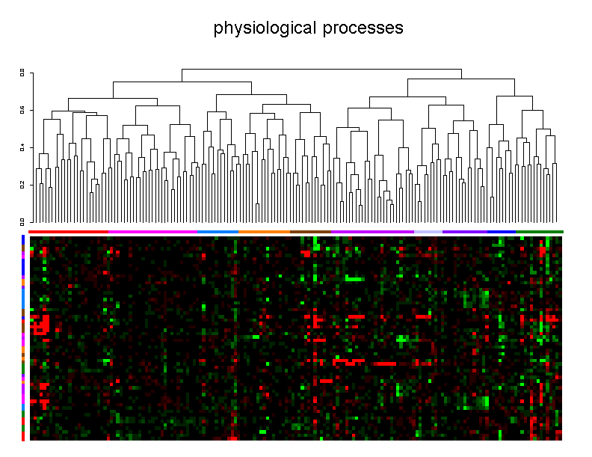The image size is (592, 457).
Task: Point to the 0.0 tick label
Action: [22, 221]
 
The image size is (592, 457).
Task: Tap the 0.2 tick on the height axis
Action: [22, 184]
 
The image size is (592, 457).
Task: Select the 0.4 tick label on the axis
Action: [22, 147]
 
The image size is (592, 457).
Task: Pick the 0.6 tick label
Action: [22, 110]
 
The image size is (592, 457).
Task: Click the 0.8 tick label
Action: [22, 73]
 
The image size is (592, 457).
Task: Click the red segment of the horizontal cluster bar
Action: [69, 232]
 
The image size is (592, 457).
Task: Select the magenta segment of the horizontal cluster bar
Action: [153, 232]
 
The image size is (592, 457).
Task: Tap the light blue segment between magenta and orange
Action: [218, 232]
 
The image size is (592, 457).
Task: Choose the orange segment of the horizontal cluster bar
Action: [265, 232]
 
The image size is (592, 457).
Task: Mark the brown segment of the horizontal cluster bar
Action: [311, 232]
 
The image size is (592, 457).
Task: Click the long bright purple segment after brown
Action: [373, 232]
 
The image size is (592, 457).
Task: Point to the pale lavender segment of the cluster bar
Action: [428, 232]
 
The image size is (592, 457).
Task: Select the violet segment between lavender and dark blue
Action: [465, 232]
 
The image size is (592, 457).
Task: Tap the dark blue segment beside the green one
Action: [502, 232]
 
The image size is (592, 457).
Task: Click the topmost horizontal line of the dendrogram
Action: [321, 70]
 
